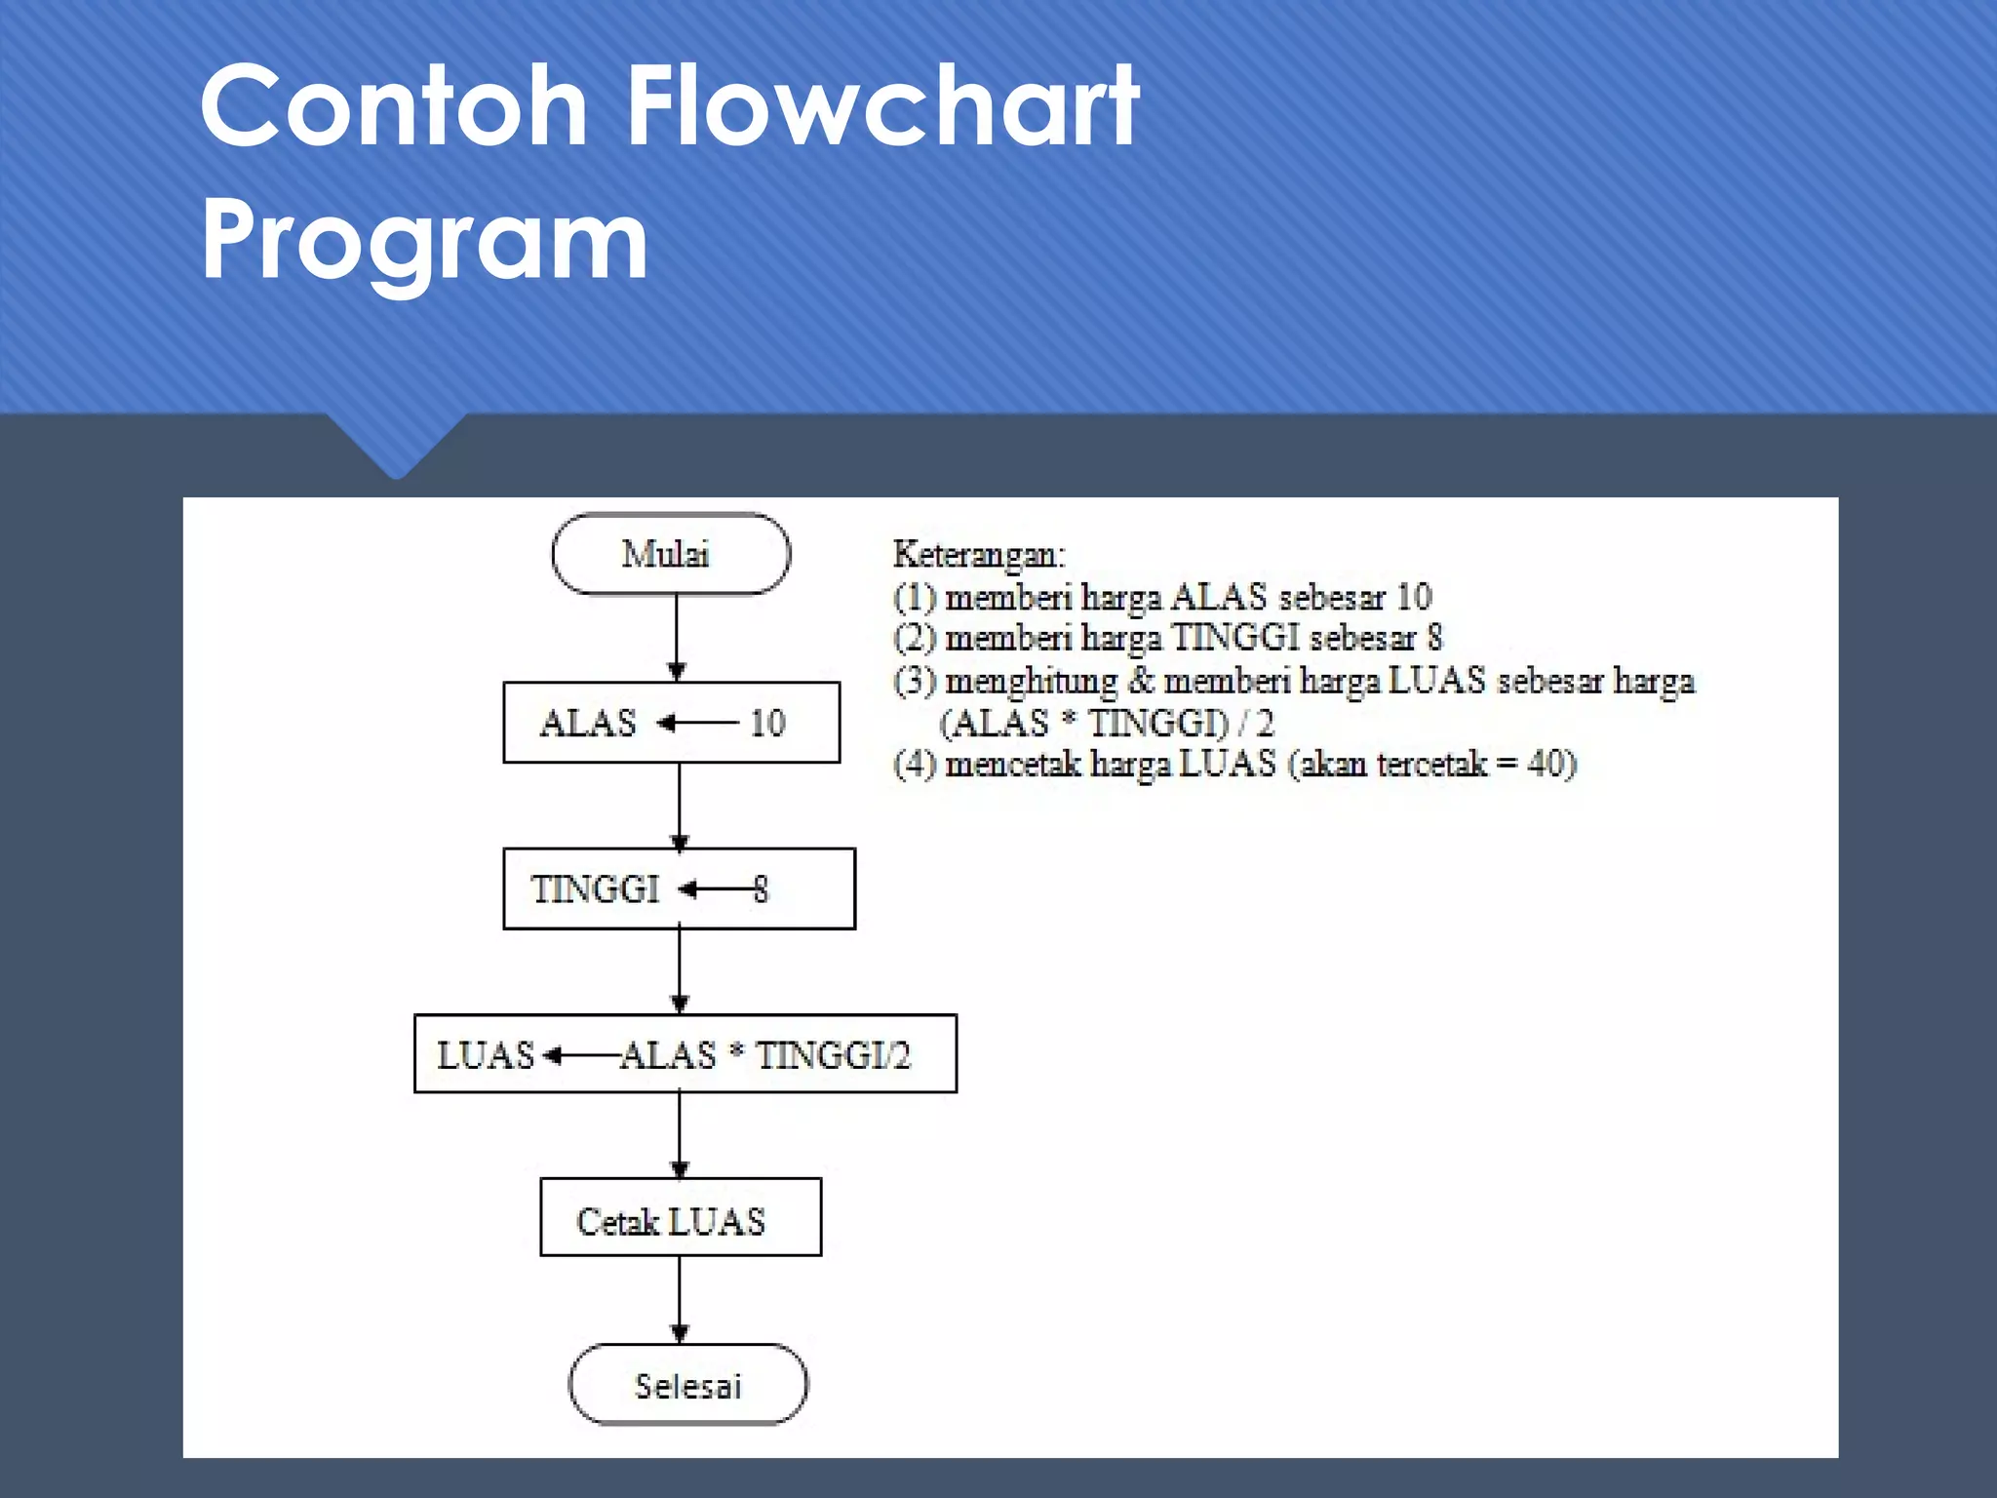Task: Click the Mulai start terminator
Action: point(671,554)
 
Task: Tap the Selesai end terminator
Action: point(687,1385)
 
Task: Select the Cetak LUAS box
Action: point(681,1218)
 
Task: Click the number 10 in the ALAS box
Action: point(767,724)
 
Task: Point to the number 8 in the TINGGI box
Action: point(761,889)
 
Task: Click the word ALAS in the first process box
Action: point(588,724)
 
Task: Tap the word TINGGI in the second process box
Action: point(595,889)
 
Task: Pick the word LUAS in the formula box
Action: point(485,1055)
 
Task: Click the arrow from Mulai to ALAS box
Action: point(677,637)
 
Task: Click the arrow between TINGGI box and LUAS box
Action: point(680,971)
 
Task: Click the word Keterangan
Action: point(979,555)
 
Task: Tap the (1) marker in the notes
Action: point(914,597)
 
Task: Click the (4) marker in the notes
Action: point(914,764)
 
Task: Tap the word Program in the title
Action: point(424,239)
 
